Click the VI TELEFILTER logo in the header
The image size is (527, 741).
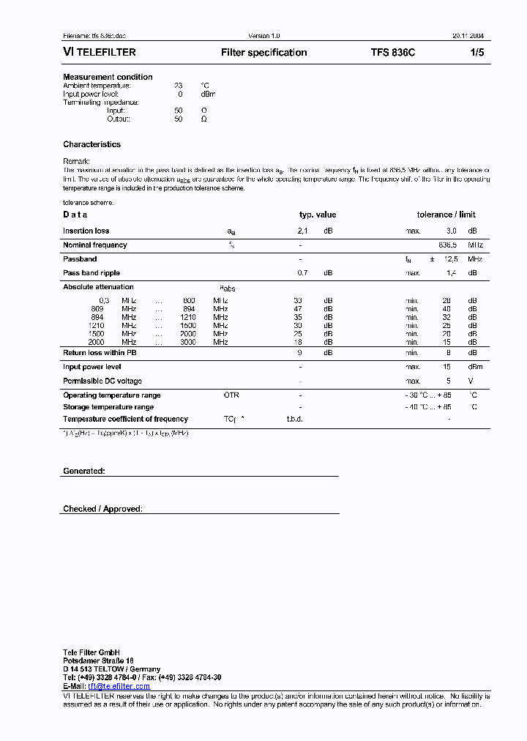99,53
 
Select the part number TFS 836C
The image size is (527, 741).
392,53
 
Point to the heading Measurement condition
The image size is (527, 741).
108,77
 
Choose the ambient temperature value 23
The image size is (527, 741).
179,86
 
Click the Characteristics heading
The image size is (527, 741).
91,144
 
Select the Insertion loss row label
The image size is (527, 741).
86,231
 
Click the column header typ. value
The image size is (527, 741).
318,215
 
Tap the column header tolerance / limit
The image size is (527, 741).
446,215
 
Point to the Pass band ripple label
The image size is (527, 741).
90,273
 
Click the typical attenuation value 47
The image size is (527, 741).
298,309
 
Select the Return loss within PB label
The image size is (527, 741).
99,353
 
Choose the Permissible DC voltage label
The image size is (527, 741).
102,381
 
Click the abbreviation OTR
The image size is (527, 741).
231,395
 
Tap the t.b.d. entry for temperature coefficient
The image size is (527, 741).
294,420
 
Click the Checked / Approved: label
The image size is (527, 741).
102,509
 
